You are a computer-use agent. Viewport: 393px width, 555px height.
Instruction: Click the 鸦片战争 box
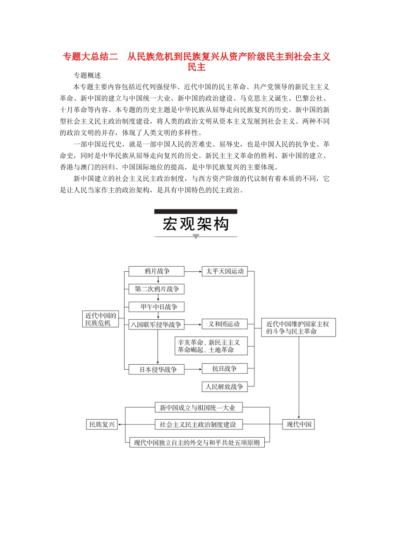tap(156, 271)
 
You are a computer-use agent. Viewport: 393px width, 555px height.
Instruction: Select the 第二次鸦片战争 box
tap(156, 289)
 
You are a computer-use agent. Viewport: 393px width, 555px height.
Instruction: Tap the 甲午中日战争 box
tap(156, 307)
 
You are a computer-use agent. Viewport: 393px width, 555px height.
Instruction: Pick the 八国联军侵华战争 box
tap(156, 325)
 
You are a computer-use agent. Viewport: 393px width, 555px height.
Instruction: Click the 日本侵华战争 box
tap(156, 369)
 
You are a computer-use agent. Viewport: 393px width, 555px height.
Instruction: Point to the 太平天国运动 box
tap(225, 271)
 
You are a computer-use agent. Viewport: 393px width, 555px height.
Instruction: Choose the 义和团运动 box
tap(225, 324)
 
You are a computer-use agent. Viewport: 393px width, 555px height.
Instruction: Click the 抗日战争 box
tap(225, 369)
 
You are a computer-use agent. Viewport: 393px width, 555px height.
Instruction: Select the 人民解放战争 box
tap(225, 387)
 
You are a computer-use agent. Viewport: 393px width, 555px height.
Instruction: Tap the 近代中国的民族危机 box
tap(101, 319)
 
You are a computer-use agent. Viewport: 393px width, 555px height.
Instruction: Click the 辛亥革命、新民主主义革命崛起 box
tap(211, 346)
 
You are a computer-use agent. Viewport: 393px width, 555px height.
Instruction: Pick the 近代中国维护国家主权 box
tap(298, 327)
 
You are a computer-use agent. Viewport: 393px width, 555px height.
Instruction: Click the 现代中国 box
tap(299, 425)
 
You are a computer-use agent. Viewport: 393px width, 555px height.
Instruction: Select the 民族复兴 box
tap(102, 425)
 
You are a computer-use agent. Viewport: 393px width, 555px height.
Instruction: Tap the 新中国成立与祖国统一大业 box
tap(198, 408)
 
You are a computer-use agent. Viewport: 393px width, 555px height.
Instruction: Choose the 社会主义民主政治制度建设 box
tap(198, 425)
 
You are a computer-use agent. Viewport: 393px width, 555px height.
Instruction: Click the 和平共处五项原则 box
tap(197, 443)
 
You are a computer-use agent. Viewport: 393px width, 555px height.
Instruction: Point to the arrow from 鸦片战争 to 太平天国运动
tap(193, 271)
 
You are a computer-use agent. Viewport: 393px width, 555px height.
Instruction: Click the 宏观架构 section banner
tap(196, 224)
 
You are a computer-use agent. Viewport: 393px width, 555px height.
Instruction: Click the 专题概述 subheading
tap(87, 75)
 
